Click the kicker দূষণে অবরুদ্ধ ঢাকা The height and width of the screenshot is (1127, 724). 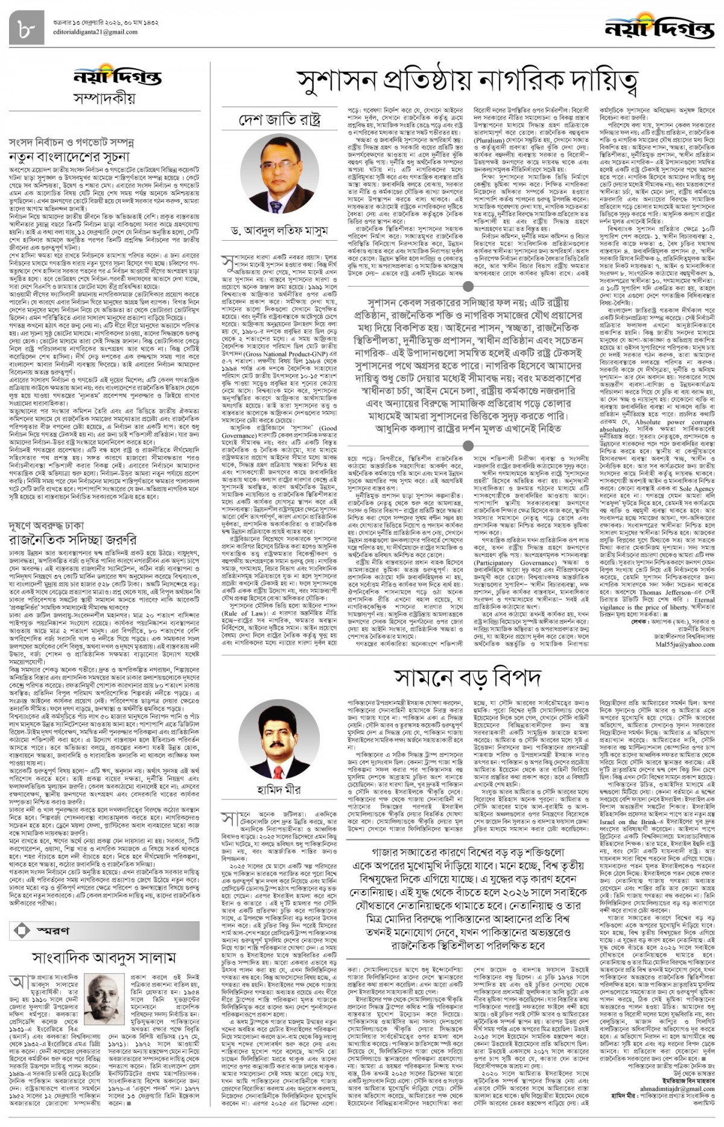(x=46, y=525)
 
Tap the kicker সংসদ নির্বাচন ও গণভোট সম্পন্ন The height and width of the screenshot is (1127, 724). (x=71, y=142)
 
